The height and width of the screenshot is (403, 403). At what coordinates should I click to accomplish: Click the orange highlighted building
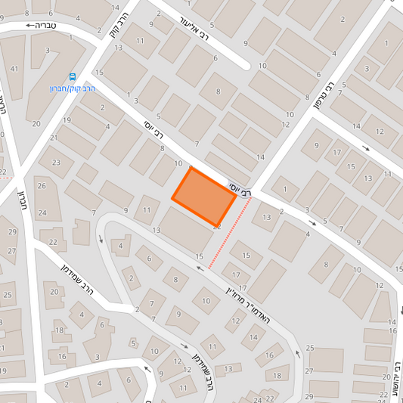click(203, 195)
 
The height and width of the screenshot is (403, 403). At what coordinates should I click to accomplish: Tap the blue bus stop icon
click(73, 76)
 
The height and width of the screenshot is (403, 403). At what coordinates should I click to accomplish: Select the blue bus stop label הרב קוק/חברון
click(70, 88)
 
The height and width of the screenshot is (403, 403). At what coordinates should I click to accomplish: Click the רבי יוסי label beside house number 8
click(153, 131)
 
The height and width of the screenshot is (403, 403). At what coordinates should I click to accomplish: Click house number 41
click(14, 69)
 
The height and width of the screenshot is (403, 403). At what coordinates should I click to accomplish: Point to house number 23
click(56, 163)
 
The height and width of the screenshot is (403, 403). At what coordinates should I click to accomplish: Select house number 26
click(42, 186)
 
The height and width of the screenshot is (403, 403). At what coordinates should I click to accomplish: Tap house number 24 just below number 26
click(42, 213)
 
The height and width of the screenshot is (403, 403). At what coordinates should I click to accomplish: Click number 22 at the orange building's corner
click(218, 225)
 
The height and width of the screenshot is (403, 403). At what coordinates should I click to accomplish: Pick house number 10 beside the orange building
click(178, 163)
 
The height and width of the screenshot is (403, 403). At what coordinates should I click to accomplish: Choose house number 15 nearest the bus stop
click(100, 72)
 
